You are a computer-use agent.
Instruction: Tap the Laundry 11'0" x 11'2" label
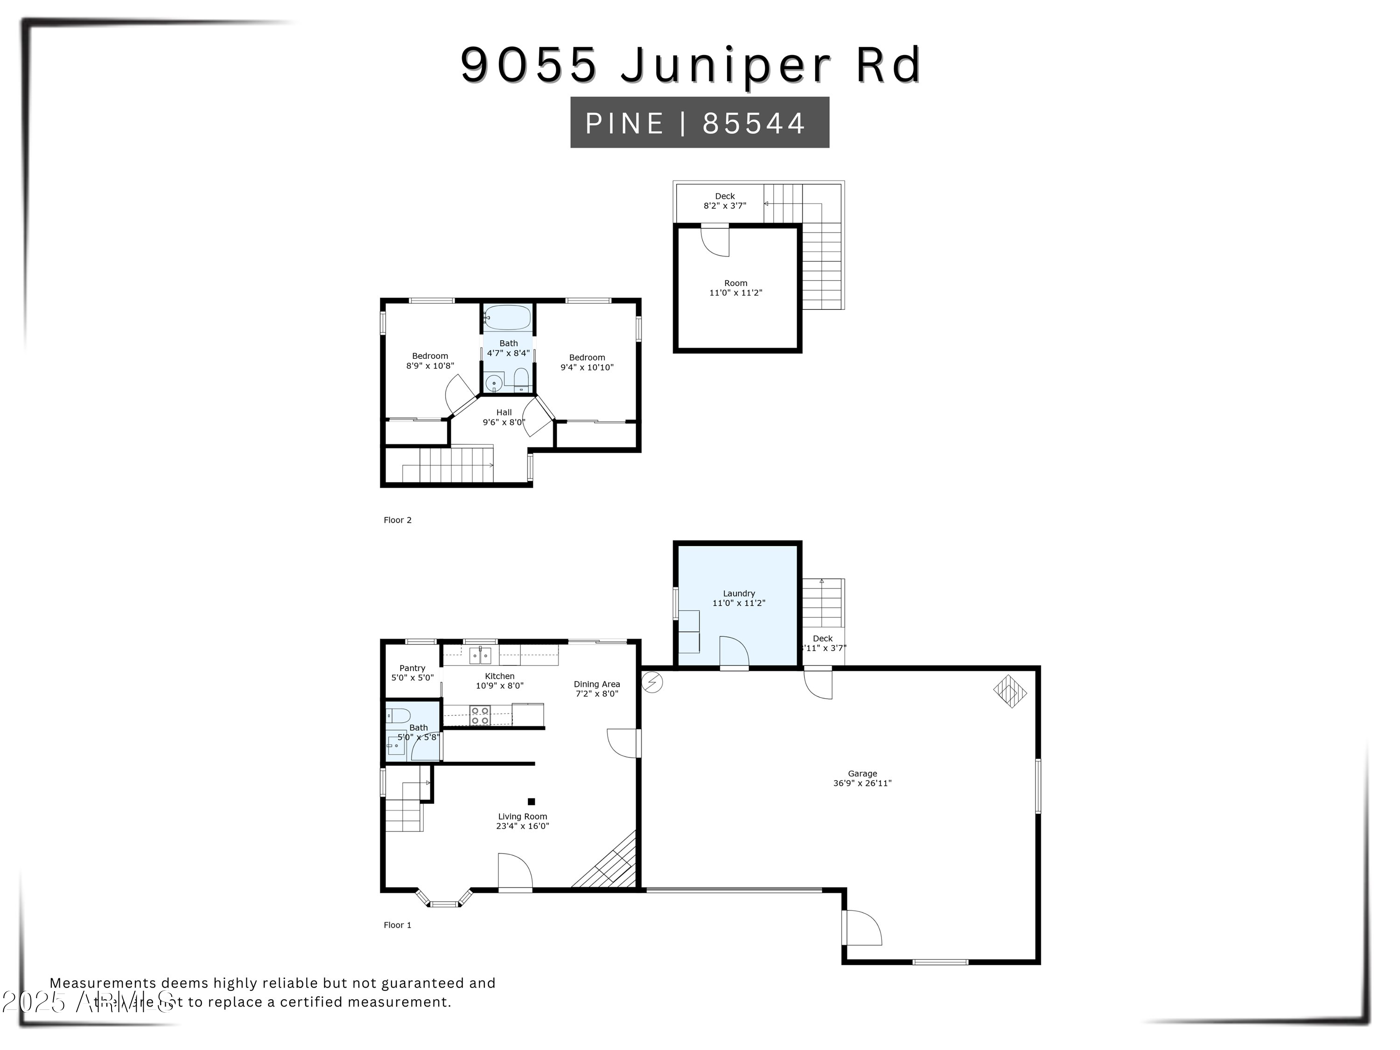click(x=739, y=598)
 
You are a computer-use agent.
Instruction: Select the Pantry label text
click(x=412, y=668)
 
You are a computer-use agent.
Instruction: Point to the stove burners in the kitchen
click(x=480, y=716)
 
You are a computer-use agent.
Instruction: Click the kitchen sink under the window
click(x=480, y=655)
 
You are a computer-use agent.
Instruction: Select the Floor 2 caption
click(x=398, y=520)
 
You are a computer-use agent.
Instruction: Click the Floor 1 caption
click(x=398, y=925)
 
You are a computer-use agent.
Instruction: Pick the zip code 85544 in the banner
click(x=753, y=123)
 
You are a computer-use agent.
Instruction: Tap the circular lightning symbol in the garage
click(x=652, y=682)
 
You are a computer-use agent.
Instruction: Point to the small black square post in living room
click(x=531, y=801)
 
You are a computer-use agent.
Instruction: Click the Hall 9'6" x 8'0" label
click(x=504, y=417)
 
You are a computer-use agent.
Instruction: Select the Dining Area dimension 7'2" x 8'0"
click(x=597, y=693)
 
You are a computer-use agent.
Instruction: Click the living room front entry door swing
click(x=515, y=872)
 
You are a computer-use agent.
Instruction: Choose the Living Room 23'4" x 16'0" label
click(x=522, y=821)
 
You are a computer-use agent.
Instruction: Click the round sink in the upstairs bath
click(x=494, y=384)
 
